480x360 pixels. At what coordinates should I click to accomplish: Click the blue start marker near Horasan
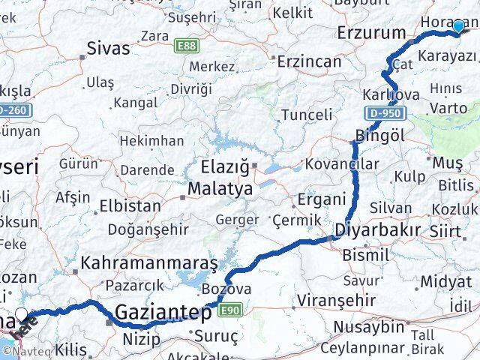click(458, 26)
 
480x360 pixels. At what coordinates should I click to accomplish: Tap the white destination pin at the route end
click(22, 316)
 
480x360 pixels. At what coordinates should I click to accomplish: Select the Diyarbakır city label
click(377, 230)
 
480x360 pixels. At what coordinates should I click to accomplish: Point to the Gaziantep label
click(163, 313)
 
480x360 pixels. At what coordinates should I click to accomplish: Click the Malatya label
click(220, 189)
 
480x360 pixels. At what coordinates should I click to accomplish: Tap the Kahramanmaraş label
click(148, 264)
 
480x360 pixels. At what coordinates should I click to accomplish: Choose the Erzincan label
click(309, 61)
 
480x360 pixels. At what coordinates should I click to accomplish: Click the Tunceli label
click(306, 115)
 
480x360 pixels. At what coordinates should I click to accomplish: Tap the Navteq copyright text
click(26, 350)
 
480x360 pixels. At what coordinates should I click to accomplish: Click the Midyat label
click(445, 282)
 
